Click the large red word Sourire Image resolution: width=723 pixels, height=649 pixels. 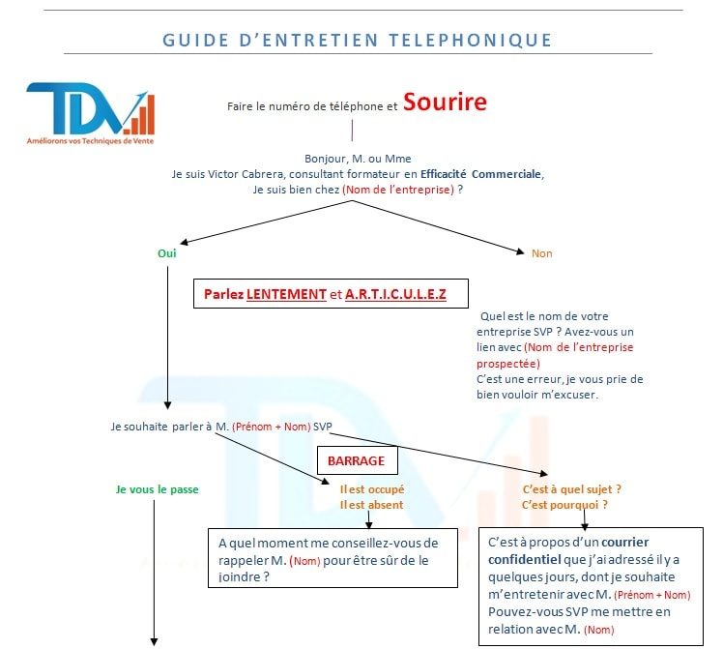tap(445, 102)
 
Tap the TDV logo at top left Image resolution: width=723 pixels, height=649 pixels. tap(91, 113)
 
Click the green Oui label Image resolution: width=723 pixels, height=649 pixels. tap(167, 253)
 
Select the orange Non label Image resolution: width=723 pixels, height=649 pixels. tap(542, 253)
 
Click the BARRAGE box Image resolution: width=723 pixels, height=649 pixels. tap(358, 460)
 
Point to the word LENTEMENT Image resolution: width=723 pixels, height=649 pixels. tap(286, 294)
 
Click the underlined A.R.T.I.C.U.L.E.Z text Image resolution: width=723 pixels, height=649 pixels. tap(395, 294)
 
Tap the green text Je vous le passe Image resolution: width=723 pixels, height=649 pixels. tap(158, 489)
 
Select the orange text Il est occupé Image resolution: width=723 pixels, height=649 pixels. tap(372, 489)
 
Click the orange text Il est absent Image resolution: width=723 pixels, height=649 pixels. tap(371, 505)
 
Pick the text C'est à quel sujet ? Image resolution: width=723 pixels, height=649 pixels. tap(572, 489)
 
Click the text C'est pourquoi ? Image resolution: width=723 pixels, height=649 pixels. tap(564, 505)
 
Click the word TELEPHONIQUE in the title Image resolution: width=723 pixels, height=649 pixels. tap(471, 40)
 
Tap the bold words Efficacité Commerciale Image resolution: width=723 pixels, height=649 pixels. tap(480, 174)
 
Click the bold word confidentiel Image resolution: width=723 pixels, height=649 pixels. tap(525, 559)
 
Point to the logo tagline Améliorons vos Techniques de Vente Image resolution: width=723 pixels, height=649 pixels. tap(91, 141)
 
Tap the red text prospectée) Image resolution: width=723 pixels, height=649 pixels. tap(508, 364)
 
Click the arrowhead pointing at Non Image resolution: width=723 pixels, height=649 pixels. tap(521, 251)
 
